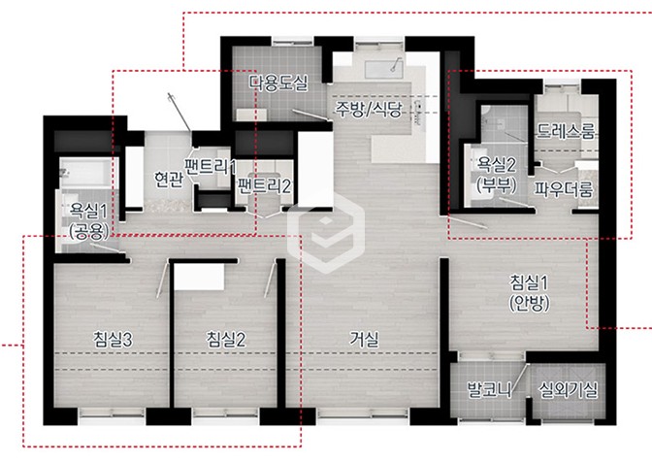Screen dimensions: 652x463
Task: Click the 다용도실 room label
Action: point(278,83)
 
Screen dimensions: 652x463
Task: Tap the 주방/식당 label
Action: point(369,109)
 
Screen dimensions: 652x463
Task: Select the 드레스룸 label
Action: point(566,131)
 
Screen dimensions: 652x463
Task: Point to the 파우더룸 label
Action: point(564,189)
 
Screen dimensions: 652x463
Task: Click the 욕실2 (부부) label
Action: point(497,175)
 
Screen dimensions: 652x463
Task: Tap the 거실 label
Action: point(364,339)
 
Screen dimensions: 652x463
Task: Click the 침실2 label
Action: point(226,340)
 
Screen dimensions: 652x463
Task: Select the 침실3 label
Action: point(113,340)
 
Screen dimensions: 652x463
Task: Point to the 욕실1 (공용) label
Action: point(88,221)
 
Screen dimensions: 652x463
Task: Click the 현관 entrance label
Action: point(168,180)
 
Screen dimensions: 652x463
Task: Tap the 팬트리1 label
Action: point(211,167)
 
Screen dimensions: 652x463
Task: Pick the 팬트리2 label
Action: point(264,186)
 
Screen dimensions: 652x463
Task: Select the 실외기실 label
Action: point(568,390)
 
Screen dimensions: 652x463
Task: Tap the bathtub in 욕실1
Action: point(85,172)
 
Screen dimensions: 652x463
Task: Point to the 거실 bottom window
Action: point(362,413)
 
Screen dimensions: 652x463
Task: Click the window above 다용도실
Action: point(292,42)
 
